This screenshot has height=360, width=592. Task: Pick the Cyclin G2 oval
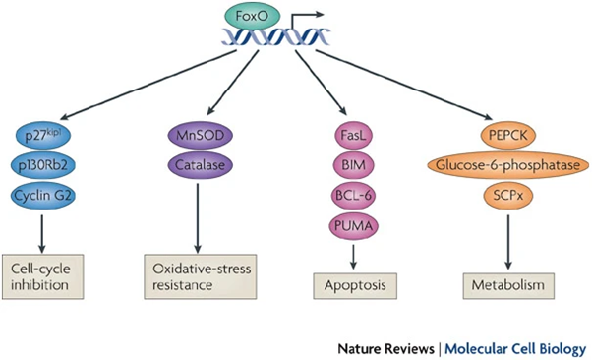coord(45,194)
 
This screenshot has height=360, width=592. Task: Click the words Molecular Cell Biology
coord(518,347)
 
